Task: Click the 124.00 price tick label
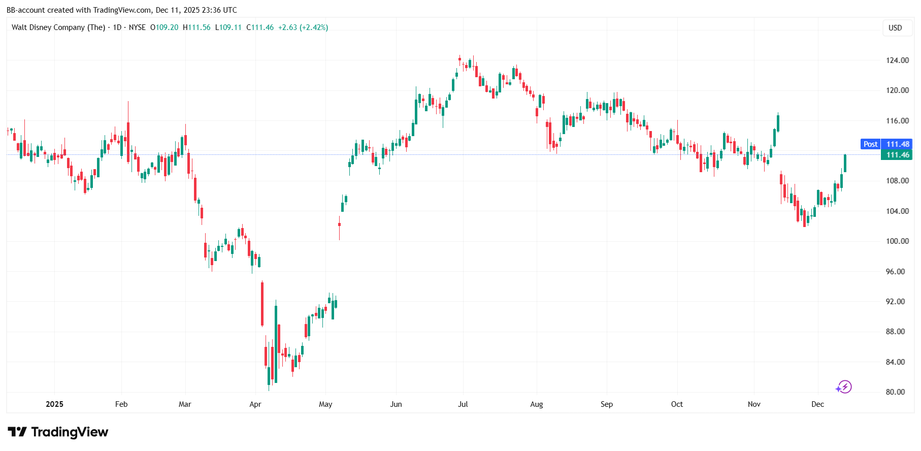[x=897, y=60]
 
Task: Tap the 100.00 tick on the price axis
[x=897, y=241]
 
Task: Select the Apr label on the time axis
[x=255, y=404]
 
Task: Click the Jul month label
[x=463, y=404]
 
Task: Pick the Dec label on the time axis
[x=817, y=404]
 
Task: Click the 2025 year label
[x=54, y=404]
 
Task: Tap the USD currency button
[x=895, y=28]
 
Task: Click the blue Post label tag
[x=870, y=144]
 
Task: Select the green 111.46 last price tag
[x=897, y=155]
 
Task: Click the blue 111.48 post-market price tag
[x=897, y=144]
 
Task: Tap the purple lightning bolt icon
[x=844, y=387]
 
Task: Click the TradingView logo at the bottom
[x=58, y=432]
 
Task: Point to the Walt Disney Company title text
[x=58, y=27]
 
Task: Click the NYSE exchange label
[x=137, y=27]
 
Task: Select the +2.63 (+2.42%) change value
[x=303, y=27]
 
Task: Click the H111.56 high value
[x=196, y=27]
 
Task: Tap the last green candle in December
[x=845, y=163]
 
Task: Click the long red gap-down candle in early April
[x=262, y=304]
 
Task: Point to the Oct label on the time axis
[x=677, y=404]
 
